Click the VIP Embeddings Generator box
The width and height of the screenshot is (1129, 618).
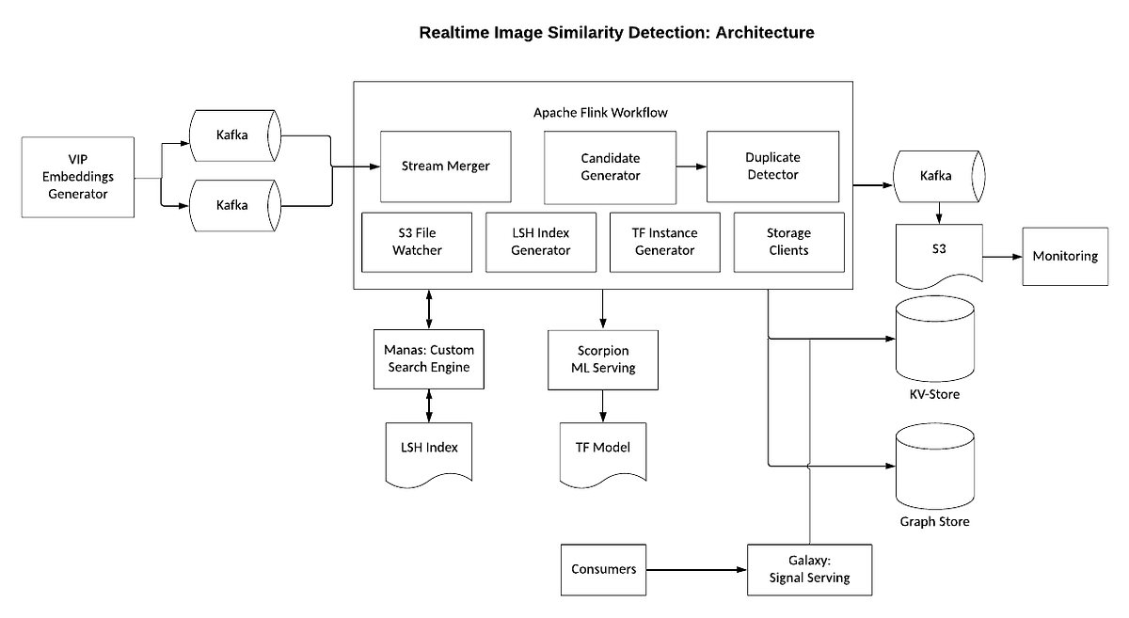[78, 177]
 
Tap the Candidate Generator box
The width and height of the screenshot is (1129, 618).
[610, 166]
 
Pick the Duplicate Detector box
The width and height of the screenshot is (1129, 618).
[772, 166]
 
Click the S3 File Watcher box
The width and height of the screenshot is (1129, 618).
[417, 242]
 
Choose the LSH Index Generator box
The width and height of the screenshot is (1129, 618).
[540, 242]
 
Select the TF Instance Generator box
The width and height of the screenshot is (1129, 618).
[664, 242]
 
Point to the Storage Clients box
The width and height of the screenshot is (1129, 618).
[788, 242]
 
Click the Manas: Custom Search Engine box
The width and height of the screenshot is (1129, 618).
[429, 357]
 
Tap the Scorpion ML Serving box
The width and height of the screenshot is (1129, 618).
[602, 357]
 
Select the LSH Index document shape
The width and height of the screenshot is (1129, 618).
[429, 449]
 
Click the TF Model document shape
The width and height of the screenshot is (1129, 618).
[602, 449]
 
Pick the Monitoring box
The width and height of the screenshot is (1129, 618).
[1065, 256]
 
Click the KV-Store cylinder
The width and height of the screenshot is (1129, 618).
[935, 339]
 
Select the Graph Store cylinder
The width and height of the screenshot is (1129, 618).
[934, 466]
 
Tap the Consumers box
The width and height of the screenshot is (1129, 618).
[603, 569]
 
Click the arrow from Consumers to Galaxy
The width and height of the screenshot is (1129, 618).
[696, 569]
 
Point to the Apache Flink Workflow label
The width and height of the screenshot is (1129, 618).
[600, 112]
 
